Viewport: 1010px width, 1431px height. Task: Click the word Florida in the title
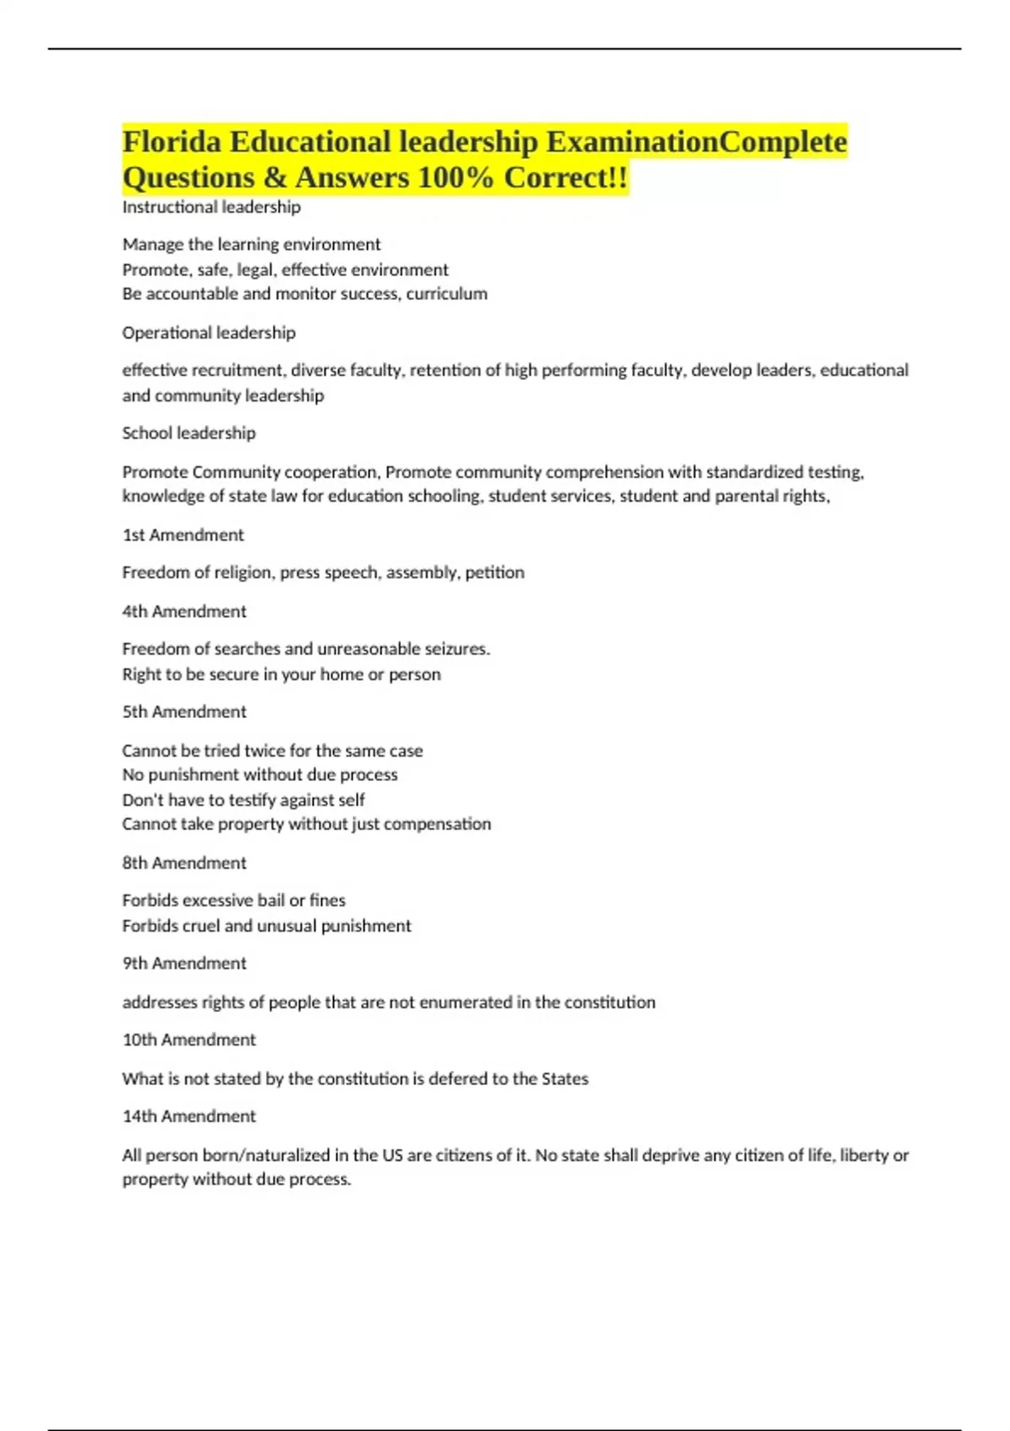(x=172, y=141)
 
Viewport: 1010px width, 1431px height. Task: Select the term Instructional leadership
(x=211, y=207)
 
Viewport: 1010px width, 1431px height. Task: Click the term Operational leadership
(x=209, y=332)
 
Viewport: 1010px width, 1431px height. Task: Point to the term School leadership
(x=189, y=433)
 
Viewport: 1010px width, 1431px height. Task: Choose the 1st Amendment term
(x=183, y=535)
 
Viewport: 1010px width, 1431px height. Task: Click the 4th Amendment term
(x=184, y=611)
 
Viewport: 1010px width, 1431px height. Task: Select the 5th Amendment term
(x=184, y=711)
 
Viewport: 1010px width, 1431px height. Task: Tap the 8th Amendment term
(x=184, y=863)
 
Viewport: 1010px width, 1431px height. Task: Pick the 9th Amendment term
(x=184, y=963)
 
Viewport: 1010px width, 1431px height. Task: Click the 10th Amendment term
(x=189, y=1040)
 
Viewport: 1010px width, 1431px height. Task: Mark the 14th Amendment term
(x=189, y=1116)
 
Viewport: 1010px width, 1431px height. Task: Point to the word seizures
(x=457, y=649)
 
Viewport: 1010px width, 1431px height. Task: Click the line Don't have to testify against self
(x=243, y=800)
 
